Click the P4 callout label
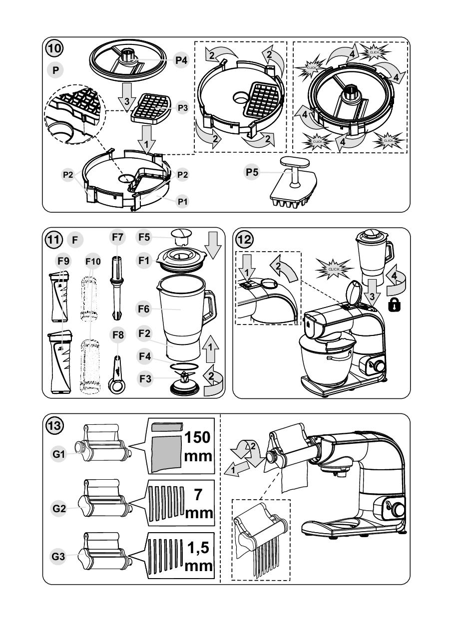point(180,60)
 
